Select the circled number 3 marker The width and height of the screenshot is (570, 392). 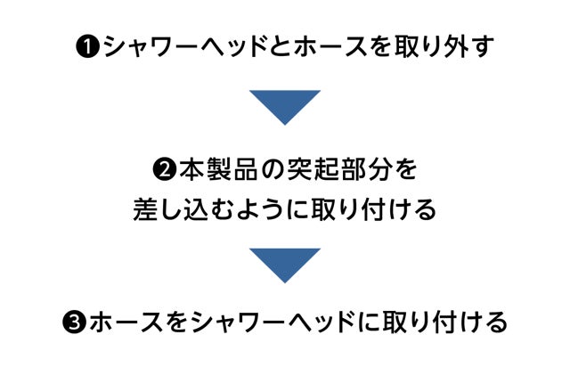[75, 321]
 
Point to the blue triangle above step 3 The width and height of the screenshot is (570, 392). [284, 265]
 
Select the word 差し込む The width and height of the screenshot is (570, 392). [179, 210]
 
